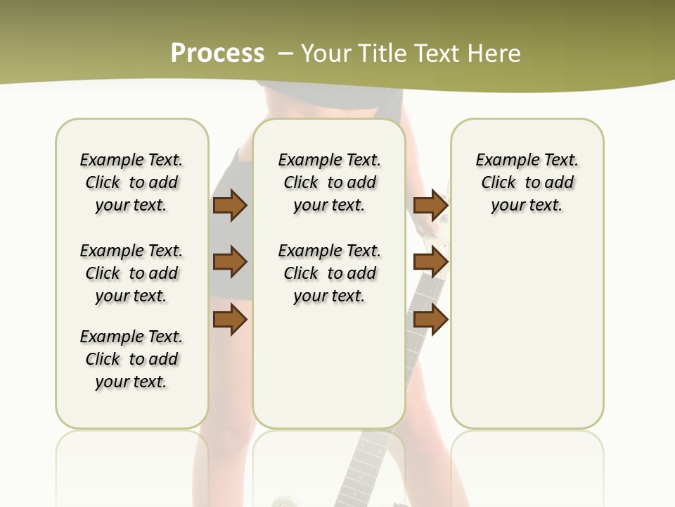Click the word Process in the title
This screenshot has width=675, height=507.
[217, 54]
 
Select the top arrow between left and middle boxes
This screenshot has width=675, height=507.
[230, 205]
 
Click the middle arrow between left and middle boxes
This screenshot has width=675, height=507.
[230, 263]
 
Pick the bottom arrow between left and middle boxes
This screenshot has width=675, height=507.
[230, 320]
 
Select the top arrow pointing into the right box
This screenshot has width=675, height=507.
[430, 205]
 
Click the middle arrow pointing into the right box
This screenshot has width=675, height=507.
[430, 263]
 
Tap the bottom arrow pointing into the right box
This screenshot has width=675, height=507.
[430, 320]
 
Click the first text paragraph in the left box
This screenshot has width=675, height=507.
[131, 182]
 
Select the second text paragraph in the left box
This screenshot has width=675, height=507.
[131, 273]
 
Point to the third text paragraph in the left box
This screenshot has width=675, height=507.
[131, 359]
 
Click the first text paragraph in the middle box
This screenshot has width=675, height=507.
[329, 182]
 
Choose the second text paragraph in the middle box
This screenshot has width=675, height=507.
[329, 273]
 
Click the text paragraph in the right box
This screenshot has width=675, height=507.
[527, 182]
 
